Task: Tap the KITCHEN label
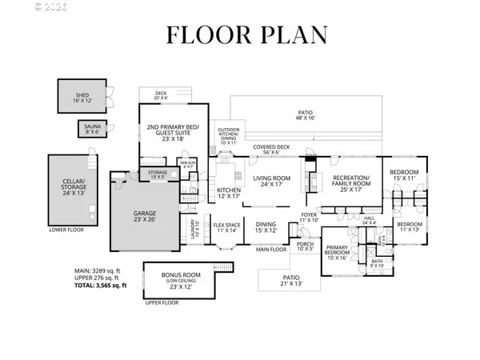230,192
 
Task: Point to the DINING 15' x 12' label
265,228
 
